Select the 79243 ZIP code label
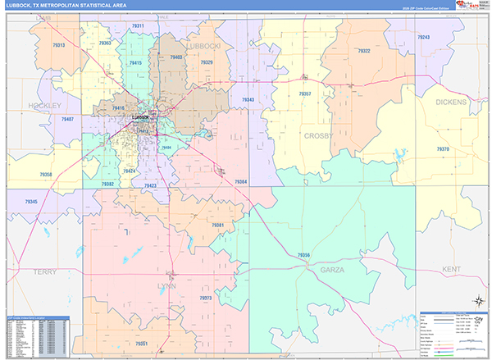(x=423, y=39)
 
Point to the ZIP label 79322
(x=365, y=52)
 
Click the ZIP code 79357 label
(x=305, y=94)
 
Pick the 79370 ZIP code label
(x=443, y=149)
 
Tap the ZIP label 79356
(x=302, y=255)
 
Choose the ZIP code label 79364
(x=241, y=180)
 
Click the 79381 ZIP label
(x=218, y=225)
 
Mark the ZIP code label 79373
(x=205, y=298)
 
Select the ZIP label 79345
(x=31, y=202)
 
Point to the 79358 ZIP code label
(x=45, y=175)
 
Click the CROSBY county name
(x=320, y=136)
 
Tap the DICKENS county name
(x=451, y=103)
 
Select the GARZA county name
(x=332, y=270)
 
